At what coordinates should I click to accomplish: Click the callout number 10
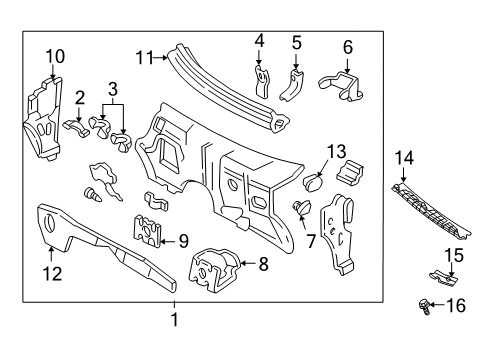coord(54,55)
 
